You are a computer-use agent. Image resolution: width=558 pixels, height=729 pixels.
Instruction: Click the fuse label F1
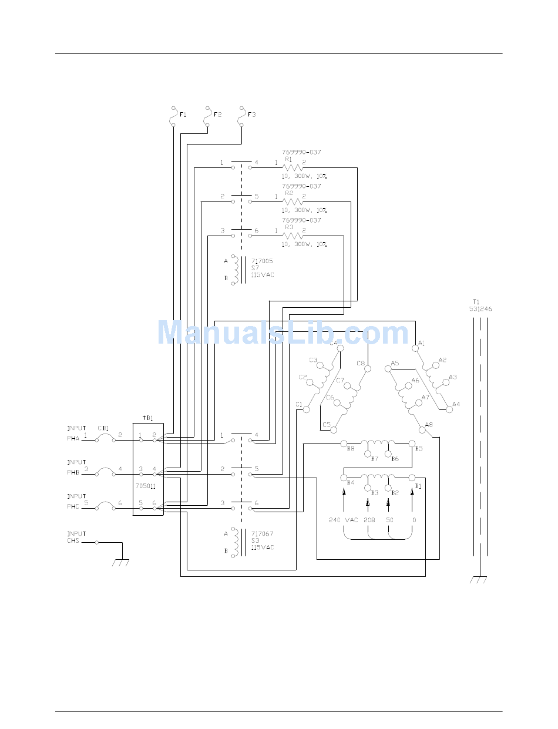[183, 115]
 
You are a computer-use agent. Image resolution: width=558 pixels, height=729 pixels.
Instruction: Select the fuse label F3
[251, 115]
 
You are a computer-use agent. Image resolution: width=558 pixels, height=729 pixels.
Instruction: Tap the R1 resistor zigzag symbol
[293, 168]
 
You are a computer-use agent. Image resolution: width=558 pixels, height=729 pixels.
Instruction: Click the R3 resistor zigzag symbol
[293, 236]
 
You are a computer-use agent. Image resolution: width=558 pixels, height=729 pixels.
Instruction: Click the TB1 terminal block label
[147, 418]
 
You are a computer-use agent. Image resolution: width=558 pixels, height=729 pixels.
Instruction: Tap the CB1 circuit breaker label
[103, 428]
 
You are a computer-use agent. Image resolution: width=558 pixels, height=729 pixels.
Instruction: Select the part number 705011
[145, 486]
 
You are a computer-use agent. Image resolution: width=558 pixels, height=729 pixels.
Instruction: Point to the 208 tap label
[369, 520]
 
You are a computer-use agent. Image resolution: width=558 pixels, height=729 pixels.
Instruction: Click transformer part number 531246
[480, 309]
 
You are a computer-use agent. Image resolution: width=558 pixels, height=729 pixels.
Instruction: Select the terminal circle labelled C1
[305, 409]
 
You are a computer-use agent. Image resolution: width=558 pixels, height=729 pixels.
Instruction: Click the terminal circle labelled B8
[344, 444]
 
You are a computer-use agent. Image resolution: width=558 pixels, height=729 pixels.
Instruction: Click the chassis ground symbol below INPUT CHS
[120, 563]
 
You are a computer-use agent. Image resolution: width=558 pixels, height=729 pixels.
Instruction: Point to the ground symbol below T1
[479, 580]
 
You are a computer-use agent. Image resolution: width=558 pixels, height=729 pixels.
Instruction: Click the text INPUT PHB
[76, 466]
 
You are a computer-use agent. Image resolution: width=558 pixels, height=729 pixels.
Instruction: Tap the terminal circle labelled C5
[334, 429]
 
